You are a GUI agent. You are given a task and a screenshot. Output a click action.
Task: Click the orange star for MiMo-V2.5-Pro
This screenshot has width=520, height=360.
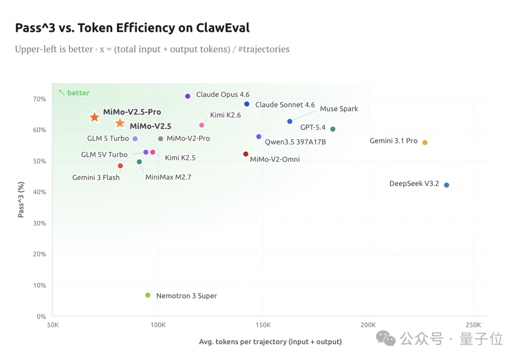[x=94, y=117]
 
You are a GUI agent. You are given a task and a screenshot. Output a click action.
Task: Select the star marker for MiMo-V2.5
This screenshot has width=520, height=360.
[x=120, y=124]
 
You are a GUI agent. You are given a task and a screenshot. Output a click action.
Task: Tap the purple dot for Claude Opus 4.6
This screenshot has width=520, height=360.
[x=188, y=96]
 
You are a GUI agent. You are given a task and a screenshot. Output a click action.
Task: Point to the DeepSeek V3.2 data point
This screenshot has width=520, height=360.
[x=446, y=185]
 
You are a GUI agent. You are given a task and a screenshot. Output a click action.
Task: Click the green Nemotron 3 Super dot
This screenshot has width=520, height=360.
[x=148, y=295]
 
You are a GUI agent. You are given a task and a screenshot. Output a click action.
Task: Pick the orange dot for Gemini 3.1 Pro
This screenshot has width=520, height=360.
[x=425, y=142]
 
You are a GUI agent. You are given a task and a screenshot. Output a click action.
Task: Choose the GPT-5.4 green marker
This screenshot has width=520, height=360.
[x=333, y=129]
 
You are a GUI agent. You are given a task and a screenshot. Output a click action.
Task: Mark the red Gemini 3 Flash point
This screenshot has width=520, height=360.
[x=120, y=166]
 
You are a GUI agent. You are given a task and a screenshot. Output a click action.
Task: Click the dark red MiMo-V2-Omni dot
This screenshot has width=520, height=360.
[x=246, y=154]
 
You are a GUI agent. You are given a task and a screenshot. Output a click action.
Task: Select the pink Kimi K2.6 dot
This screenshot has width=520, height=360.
[x=202, y=125]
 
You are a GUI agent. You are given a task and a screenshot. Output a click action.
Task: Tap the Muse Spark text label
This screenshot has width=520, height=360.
[x=339, y=109]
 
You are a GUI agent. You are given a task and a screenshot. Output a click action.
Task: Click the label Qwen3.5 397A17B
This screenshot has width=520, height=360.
[x=295, y=142]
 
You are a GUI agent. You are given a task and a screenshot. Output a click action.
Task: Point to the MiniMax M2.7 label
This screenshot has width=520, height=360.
[x=168, y=177]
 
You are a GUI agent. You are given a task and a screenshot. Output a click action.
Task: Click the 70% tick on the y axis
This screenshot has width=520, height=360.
[x=39, y=99]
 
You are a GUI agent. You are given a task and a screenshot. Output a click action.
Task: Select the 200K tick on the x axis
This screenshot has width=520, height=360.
[x=368, y=325]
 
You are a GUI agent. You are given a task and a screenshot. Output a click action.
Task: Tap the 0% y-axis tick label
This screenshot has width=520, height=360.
[x=41, y=317]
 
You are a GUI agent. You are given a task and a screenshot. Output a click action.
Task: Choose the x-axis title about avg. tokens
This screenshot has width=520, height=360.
[x=270, y=342]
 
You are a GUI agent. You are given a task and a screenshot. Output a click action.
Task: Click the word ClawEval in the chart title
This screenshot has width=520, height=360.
[x=223, y=28]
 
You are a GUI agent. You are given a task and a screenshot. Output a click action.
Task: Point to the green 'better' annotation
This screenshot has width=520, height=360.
[x=78, y=93]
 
